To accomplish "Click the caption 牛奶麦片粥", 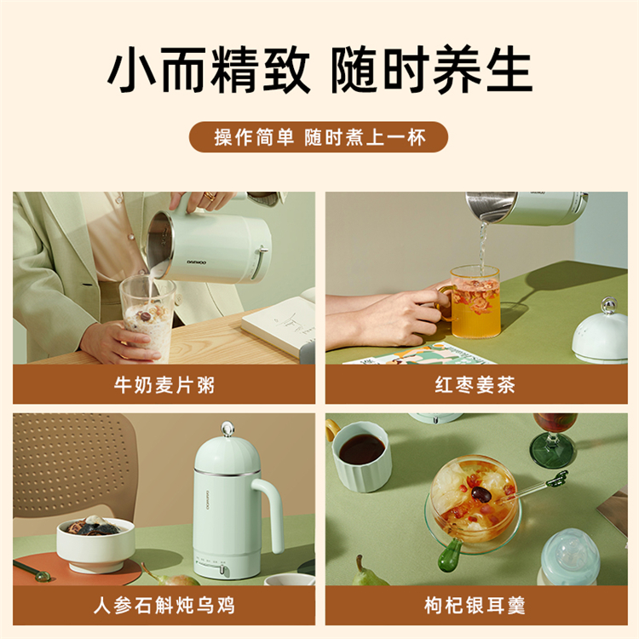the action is (x=164, y=385).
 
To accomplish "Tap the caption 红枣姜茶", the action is (x=475, y=385).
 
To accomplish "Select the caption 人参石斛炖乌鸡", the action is (x=164, y=606).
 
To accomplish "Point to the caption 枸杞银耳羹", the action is (x=475, y=606).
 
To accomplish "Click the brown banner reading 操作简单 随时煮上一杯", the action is (x=319, y=137).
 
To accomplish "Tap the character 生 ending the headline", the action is (x=509, y=69).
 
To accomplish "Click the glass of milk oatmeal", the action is (x=147, y=318).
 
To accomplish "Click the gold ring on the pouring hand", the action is (x=210, y=197).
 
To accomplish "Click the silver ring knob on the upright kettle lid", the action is (x=227, y=429).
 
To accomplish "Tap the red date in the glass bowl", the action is (x=481, y=494).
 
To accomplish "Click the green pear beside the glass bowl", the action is (x=369, y=572).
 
